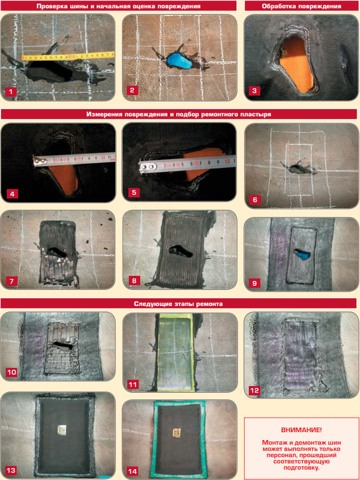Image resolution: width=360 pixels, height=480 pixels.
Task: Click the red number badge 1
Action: click(11, 91)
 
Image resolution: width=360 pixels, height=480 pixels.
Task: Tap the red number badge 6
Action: click(255, 200)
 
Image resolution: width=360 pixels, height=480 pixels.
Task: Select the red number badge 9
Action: click(254, 283)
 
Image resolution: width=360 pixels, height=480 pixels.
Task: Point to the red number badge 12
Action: click(254, 391)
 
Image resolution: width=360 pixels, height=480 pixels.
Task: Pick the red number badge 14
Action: click(133, 471)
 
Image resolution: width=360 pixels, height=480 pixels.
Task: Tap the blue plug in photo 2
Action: click(179, 61)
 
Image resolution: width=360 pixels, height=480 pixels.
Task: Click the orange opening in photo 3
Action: click(298, 64)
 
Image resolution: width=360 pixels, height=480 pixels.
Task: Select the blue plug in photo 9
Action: click(303, 255)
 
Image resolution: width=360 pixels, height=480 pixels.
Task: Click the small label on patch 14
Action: click(177, 433)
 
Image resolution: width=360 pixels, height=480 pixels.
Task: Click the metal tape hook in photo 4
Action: click(41, 160)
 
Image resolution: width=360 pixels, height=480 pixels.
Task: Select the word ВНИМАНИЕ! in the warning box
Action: click(301, 430)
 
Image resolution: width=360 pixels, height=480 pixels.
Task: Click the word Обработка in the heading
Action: click(277, 6)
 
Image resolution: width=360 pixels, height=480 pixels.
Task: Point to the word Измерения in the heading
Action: click(102, 114)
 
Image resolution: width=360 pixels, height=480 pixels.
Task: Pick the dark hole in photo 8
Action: click(181, 250)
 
